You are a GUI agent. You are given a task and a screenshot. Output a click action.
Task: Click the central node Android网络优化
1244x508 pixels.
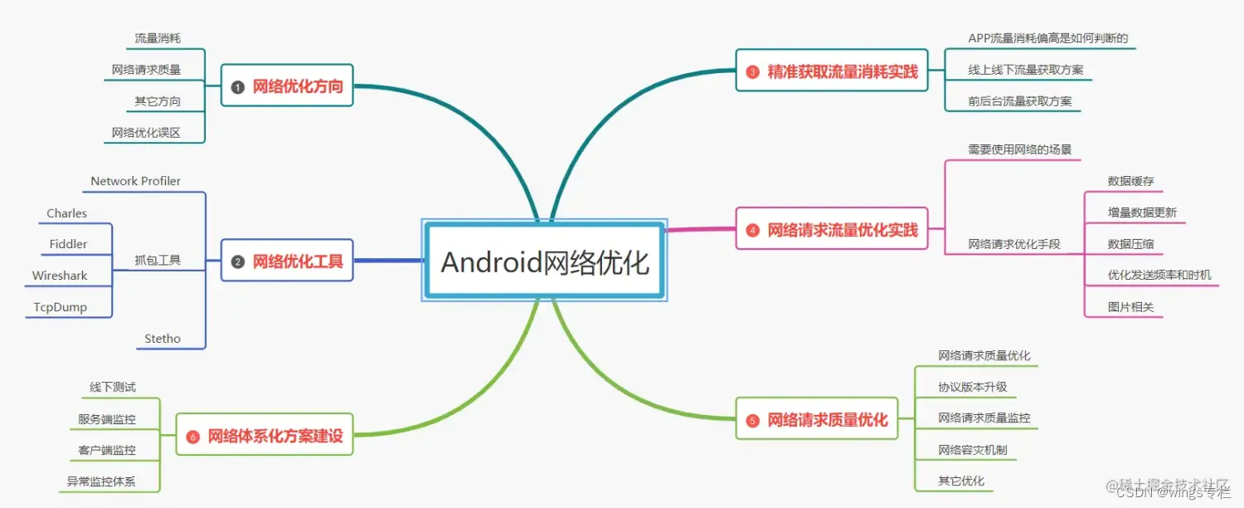coord(544,261)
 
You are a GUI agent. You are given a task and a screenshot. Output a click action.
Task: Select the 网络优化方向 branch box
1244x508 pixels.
coord(287,86)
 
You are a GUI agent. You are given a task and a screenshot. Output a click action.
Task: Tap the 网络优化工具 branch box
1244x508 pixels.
coord(287,261)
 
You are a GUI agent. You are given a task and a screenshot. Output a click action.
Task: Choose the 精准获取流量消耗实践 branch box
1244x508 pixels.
coord(832,71)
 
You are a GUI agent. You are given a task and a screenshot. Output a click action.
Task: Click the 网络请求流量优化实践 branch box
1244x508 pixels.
coord(832,230)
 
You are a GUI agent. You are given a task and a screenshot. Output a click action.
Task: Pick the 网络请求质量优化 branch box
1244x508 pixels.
coord(817,420)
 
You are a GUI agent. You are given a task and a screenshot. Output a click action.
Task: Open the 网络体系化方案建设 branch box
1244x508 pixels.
coord(265,436)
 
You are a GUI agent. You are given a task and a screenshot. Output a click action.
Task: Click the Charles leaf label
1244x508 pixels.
coord(67,213)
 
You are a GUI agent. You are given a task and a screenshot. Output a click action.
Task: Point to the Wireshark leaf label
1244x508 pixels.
coord(60,276)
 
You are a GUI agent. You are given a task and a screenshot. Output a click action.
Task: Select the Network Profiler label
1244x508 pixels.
coord(136,181)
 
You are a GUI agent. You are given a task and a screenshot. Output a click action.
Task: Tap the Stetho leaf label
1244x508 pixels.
coord(163,339)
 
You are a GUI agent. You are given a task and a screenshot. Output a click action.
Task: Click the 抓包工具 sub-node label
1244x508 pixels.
coord(158,261)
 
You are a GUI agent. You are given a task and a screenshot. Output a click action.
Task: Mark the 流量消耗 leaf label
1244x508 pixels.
coord(158,38)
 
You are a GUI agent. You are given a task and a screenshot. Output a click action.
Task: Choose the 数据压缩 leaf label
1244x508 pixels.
coord(1130,244)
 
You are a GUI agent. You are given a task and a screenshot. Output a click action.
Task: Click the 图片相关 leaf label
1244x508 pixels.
coord(1130,307)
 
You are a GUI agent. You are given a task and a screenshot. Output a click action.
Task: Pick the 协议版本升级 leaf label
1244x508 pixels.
coord(972,387)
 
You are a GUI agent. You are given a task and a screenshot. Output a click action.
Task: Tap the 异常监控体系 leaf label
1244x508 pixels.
coord(101,481)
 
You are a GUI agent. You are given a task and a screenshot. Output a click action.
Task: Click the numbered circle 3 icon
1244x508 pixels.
coord(752,72)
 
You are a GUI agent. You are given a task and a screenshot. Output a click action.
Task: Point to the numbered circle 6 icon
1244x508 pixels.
coord(193,437)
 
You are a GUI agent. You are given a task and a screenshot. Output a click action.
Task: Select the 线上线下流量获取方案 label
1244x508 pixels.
coord(1025,70)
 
